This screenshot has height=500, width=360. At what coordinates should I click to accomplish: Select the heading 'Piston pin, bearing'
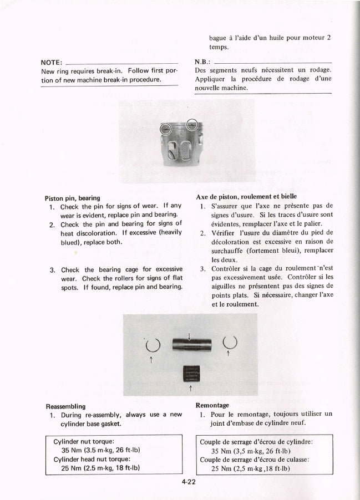click(72, 197)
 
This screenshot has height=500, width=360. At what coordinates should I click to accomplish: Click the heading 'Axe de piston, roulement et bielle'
click(246, 196)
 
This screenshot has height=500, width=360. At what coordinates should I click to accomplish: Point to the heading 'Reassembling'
click(65, 406)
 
